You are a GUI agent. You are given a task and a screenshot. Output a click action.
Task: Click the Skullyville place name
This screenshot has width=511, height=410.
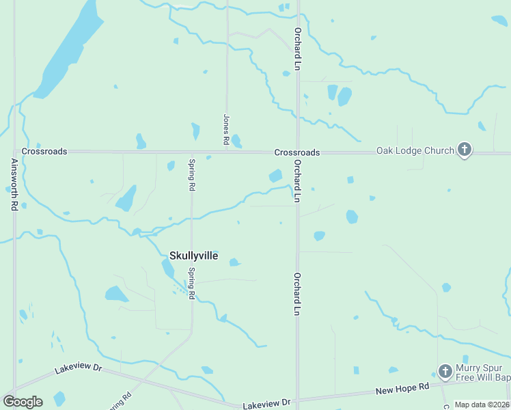coord(193,256)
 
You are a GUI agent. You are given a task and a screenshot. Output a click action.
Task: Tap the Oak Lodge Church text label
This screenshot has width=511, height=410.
coord(415,150)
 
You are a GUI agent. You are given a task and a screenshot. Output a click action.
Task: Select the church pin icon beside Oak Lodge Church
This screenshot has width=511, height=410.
coord(465,150)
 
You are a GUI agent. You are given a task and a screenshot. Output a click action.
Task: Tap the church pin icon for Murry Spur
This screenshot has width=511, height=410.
coord(445,371)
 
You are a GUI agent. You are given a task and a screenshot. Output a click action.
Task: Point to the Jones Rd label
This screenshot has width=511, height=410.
coord(225,128)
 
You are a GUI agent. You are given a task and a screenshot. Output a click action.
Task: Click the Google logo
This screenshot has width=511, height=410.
coord(23,401)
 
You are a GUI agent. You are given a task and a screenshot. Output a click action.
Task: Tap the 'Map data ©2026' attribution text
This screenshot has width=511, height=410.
coord(482,405)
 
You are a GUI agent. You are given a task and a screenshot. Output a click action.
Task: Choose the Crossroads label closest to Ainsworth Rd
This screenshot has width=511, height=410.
coord(44,151)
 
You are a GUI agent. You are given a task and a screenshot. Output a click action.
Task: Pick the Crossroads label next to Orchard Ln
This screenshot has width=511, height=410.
coord(297,152)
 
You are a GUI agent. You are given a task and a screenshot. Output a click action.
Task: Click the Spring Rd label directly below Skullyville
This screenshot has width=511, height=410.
coord(192,282)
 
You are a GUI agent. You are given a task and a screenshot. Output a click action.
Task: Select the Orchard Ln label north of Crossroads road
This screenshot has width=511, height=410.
coord(297,49)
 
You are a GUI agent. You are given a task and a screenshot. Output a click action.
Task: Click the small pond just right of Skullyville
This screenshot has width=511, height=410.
coord(234,262)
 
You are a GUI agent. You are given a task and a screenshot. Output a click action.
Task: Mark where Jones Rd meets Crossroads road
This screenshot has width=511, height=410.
coord(227,152)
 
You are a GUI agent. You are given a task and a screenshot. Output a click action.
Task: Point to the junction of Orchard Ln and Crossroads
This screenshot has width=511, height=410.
coord(297,152)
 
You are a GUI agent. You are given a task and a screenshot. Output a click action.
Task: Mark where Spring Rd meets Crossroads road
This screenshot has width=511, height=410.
coord(191,152)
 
